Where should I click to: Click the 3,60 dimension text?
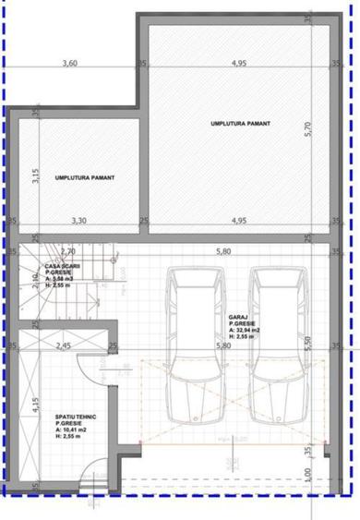[68, 64]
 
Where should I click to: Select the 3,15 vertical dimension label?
[34, 175]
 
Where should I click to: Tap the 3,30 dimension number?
[80, 221]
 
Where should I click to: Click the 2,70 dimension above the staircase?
[67, 250]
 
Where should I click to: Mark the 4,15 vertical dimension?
[34, 408]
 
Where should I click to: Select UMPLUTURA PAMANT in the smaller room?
[84, 177]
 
